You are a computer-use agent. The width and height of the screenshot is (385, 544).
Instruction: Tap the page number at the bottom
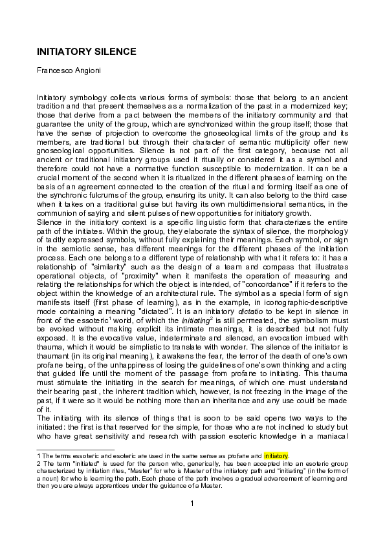[192, 503]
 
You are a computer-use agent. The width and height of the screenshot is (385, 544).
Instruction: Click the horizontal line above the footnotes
[76, 449]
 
